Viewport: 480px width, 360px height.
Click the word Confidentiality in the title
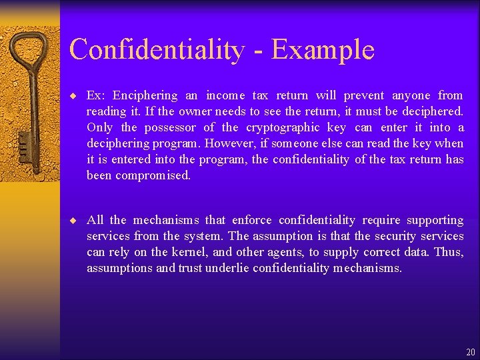(x=157, y=50)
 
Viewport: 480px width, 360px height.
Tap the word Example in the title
(x=323, y=51)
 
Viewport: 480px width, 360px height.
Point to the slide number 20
(x=471, y=352)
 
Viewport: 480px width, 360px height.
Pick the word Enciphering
(x=145, y=95)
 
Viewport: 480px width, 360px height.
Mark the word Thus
(x=448, y=252)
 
